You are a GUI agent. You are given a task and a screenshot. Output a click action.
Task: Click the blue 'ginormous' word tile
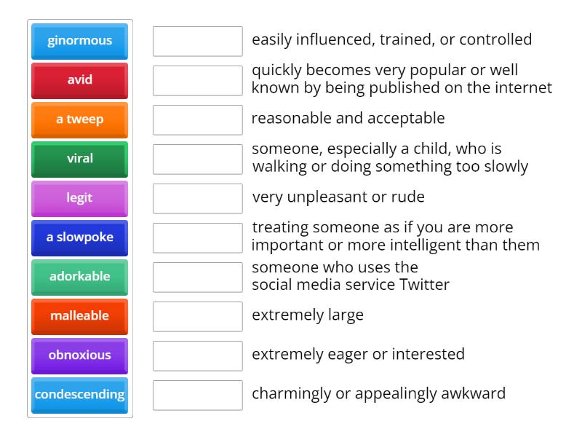tap(79, 41)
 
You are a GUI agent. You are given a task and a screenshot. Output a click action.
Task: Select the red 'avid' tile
tap(79, 80)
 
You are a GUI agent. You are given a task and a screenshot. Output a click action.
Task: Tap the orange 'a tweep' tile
tap(79, 119)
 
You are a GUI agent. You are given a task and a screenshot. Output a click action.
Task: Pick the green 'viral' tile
tap(79, 159)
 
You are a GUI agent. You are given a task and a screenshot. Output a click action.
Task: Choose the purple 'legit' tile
tap(79, 198)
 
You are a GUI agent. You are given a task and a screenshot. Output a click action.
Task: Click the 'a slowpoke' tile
tap(79, 237)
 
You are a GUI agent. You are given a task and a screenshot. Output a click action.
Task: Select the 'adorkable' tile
tap(79, 277)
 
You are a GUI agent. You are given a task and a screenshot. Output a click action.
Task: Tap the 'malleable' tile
tap(79, 316)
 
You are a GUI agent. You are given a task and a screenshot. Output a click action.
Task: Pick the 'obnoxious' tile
tap(79, 355)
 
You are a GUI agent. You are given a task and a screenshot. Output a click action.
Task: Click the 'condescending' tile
tap(79, 395)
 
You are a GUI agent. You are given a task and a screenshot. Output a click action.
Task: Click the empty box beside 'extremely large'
tap(197, 316)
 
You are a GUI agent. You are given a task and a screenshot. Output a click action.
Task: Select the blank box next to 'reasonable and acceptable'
tap(197, 119)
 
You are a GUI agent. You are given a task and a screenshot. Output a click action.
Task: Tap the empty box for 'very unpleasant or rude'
tap(197, 198)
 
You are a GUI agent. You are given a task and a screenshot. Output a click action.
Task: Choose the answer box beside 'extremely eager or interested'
tap(197, 355)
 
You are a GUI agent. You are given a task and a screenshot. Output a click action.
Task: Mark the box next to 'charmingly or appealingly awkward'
tap(197, 395)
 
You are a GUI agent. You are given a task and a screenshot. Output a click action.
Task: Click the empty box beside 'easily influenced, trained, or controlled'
tap(197, 41)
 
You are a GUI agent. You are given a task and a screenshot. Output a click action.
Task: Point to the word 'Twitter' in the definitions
tap(425, 285)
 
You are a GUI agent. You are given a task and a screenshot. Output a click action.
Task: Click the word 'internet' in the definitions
tap(523, 88)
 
